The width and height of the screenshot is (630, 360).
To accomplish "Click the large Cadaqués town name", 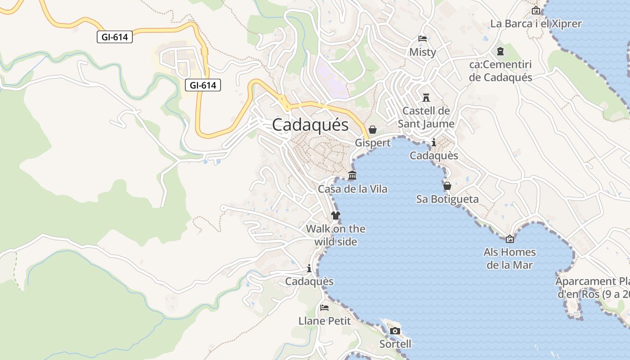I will point(310,125).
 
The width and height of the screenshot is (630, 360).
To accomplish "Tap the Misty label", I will point(423,52).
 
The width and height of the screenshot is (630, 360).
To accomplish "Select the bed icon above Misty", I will point(423,39).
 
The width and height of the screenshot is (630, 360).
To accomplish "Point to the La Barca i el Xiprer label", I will point(536,24).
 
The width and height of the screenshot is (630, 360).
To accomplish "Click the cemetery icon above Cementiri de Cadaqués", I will point(500,51).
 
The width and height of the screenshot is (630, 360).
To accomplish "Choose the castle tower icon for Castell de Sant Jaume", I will point(426,97).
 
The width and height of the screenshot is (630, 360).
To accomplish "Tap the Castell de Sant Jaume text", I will point(426,117).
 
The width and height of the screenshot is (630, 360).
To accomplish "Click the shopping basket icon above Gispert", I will point(373,130).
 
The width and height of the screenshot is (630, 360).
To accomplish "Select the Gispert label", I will point(373,143).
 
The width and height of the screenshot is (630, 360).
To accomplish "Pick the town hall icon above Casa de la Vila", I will point(352,175).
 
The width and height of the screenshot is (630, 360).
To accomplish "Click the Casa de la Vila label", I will point(352,189).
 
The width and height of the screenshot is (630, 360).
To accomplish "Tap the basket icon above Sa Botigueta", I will point(447,186).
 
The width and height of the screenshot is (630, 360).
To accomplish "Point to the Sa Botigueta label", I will point(447,199).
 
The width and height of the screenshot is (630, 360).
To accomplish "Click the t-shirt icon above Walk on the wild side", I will point(335,216).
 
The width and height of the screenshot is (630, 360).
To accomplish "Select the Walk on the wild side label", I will point(336,235).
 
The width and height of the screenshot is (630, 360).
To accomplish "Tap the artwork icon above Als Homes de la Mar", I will point(510,239).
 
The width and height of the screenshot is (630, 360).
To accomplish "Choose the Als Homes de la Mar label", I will point(510,258).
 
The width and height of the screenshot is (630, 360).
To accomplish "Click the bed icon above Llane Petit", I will point(324,308).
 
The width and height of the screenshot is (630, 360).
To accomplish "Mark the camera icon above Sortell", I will point(395,331).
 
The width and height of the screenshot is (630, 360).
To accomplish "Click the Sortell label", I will point(395,344).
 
